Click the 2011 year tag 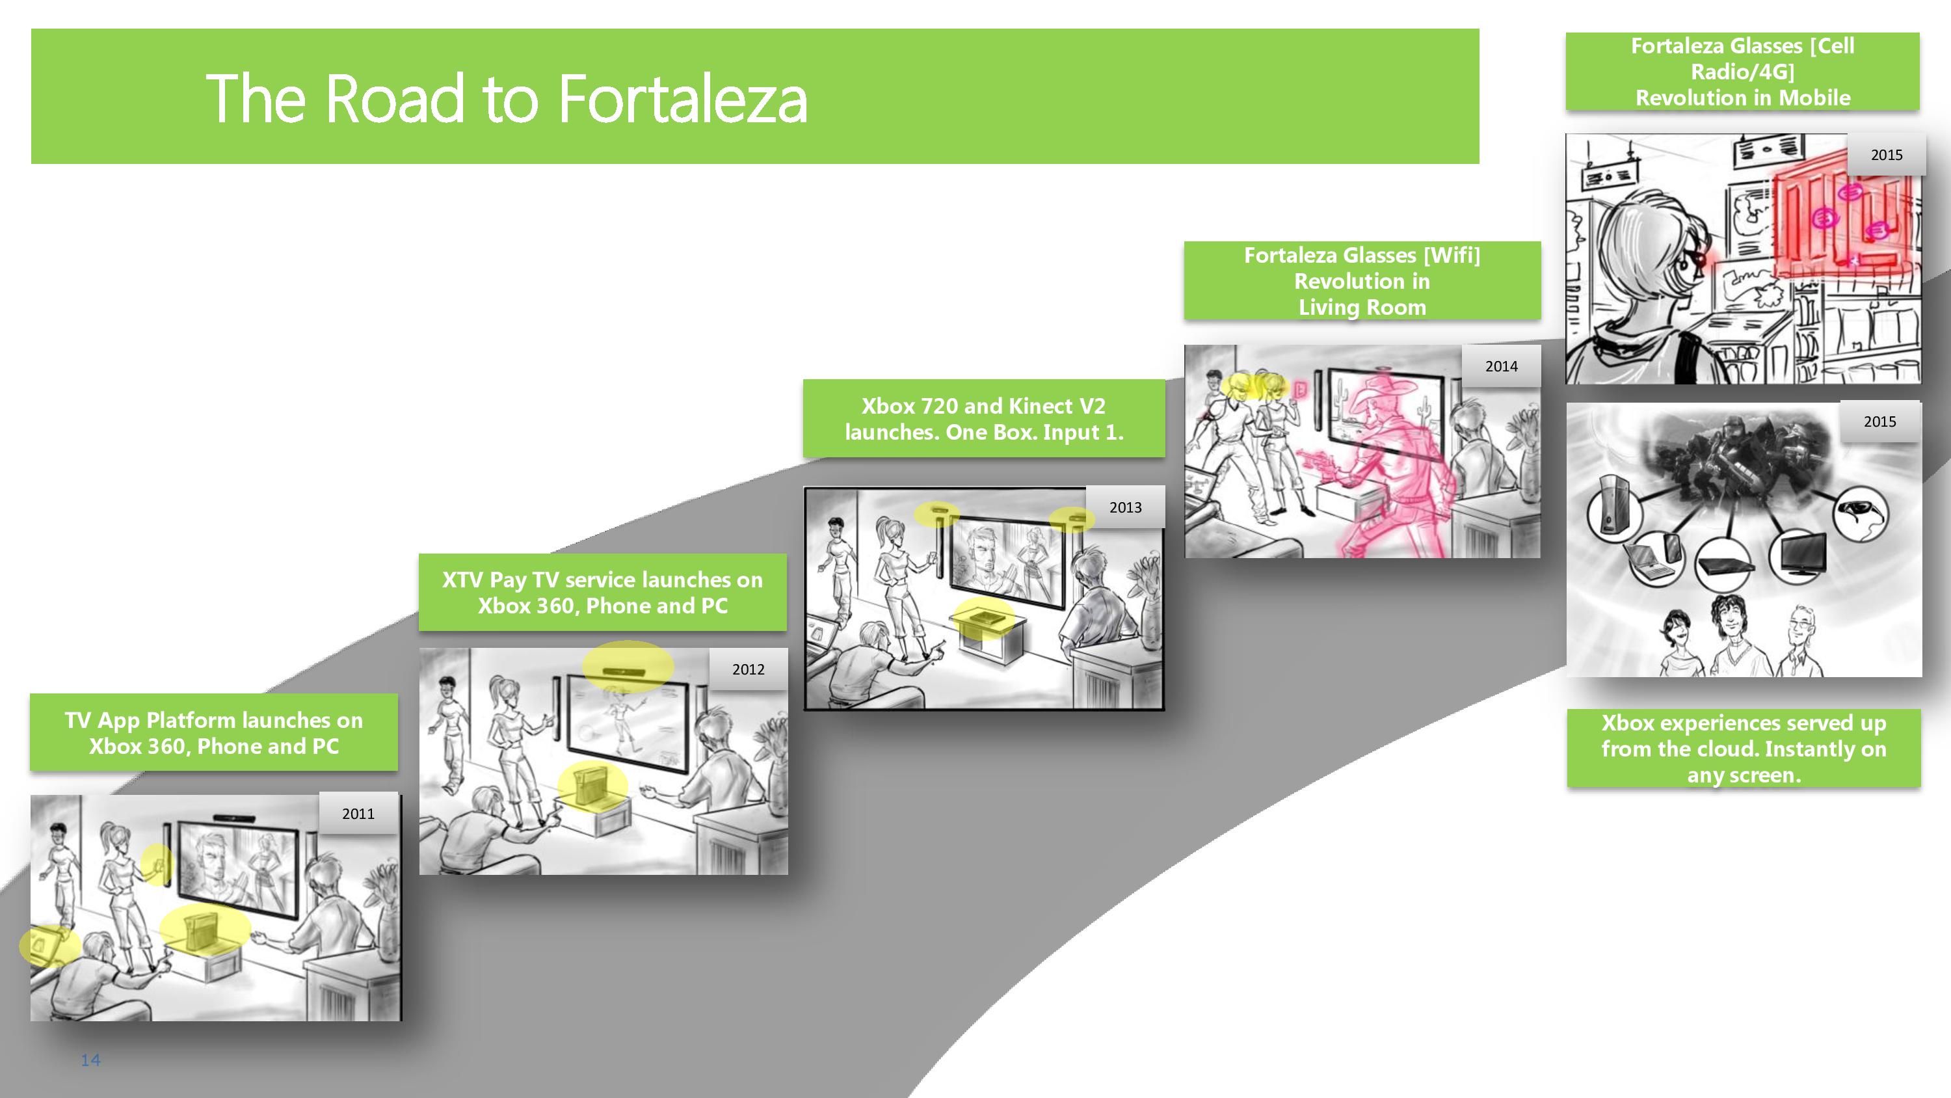pos(358,813)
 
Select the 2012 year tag pos(749,669)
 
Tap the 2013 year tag pos(1126,507)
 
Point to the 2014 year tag pos(1501,366)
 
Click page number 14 pos(91,1060)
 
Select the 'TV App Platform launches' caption pos(213,732)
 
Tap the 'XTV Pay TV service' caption pos(603,593)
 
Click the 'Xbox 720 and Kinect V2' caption pos(984,418)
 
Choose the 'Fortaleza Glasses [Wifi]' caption pos(1362,281)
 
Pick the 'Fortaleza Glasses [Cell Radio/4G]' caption pos(1743,72)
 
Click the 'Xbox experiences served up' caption pos(1744,749)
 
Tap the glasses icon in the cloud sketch pos(1860,514)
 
